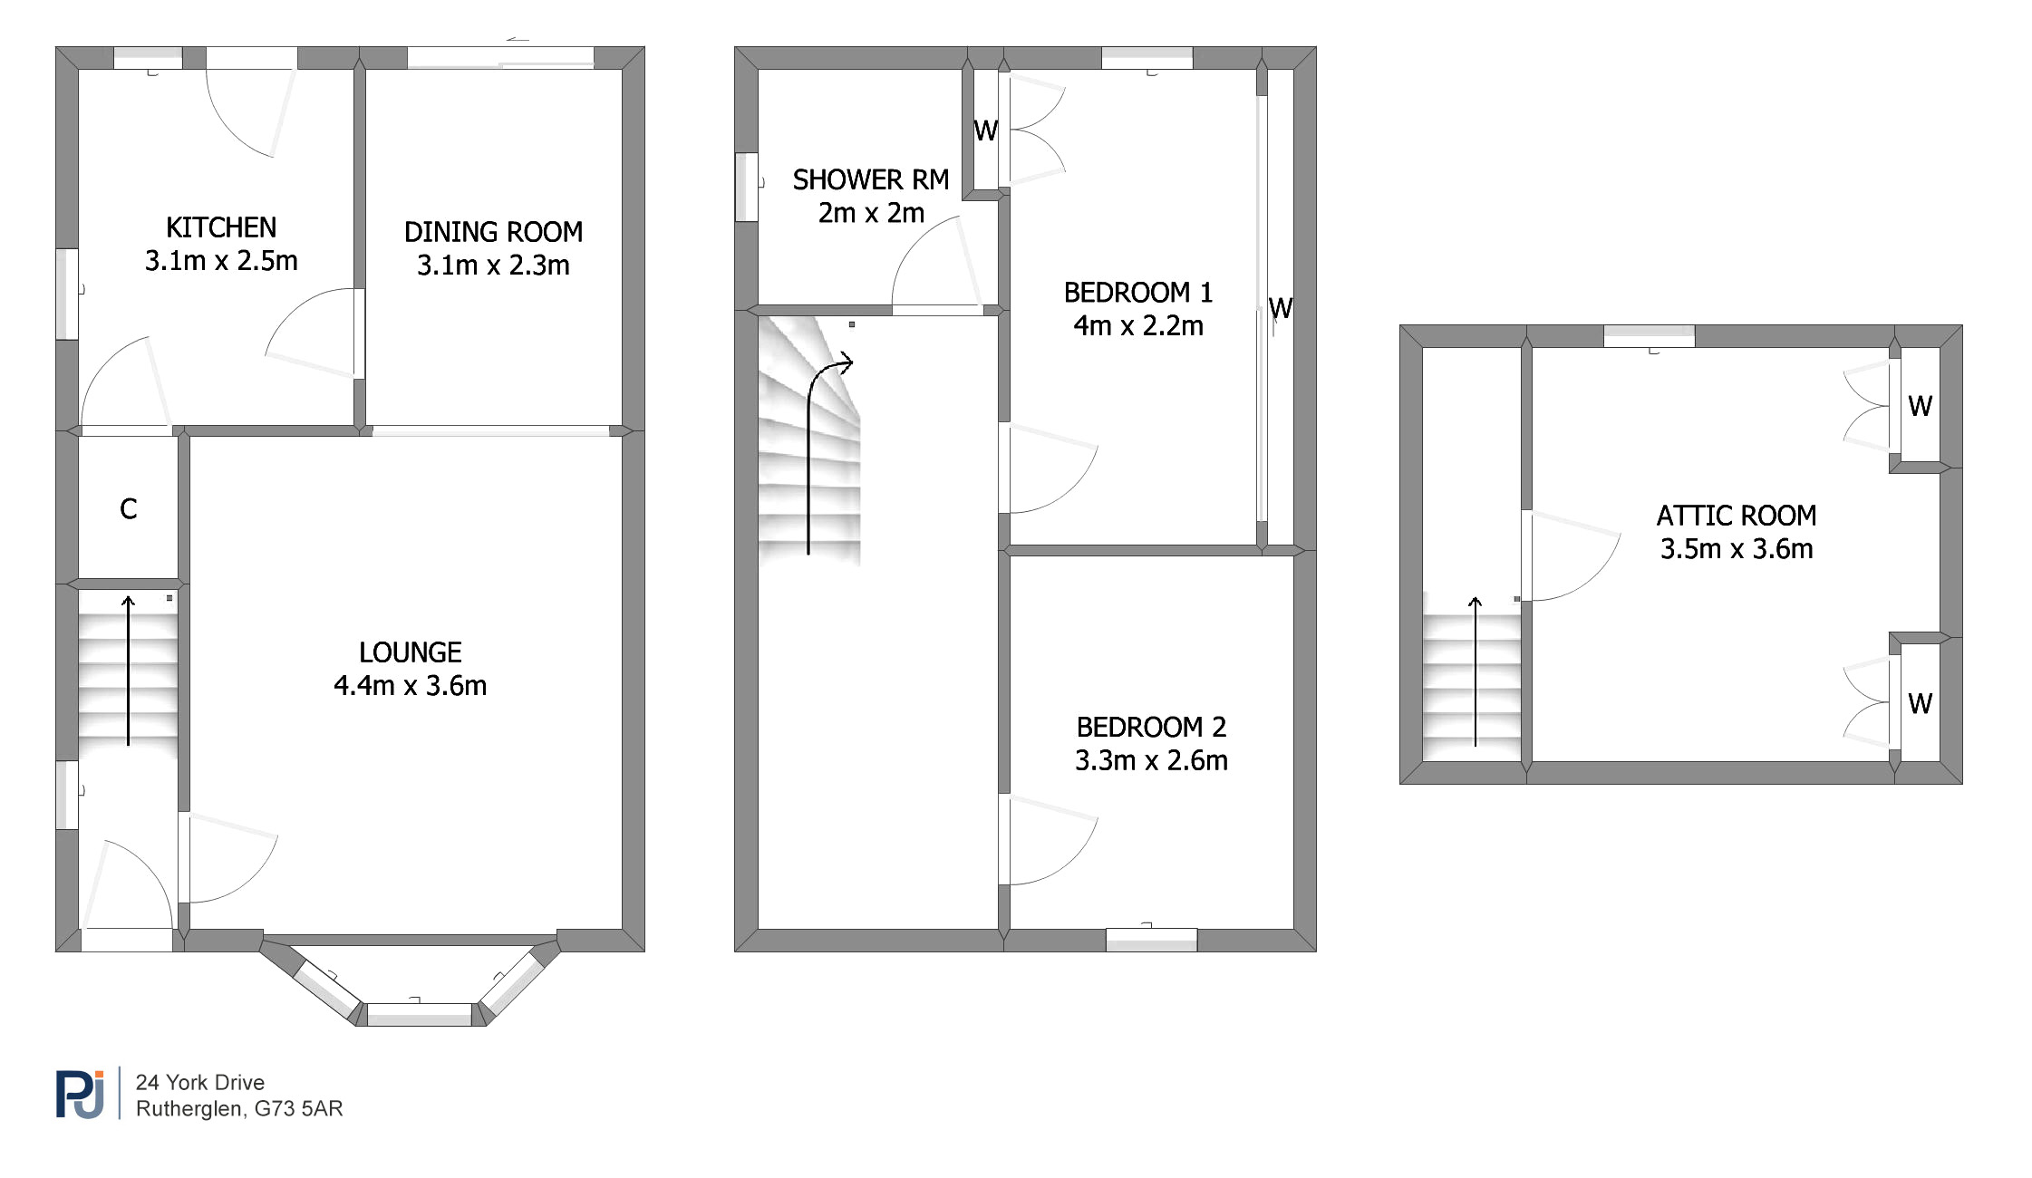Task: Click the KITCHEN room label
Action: (221, 227)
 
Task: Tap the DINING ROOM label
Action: (493, 232)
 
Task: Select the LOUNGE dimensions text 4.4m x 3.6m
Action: (410, 686)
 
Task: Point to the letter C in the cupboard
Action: (129, 509)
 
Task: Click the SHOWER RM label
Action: (871, 180)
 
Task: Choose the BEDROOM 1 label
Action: (1138, 293)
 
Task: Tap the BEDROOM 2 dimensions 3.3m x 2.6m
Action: (1151, 760)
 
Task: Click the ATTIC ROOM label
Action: (1737, 516)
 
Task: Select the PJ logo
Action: (81, 1094)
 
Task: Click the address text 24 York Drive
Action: (200, 1083)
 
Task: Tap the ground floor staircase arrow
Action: (128, 671)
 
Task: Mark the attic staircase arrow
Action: (1476, 671)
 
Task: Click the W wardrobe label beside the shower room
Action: (986, 131)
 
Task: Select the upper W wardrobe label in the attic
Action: (1920, 406)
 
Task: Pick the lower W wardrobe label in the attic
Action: (1920, 703)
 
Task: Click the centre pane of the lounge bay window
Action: (420, 1015)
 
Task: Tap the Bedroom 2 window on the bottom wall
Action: (1151, 941)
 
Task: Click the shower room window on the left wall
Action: (746, 188)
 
